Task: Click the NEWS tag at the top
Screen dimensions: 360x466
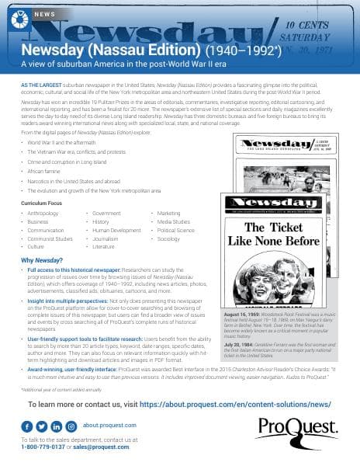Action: pos(45,15)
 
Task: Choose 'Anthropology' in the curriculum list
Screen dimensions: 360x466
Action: pos(43,212)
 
